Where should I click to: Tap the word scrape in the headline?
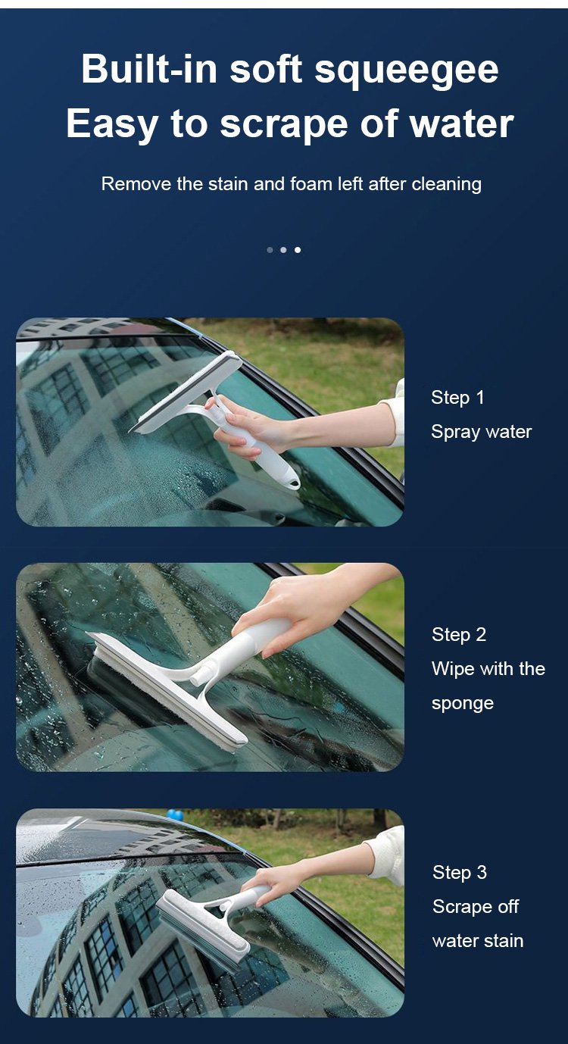click(x=284, y=125)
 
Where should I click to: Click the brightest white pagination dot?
click(x=298, y=250)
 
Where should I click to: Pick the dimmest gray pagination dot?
click(x=270, y=250)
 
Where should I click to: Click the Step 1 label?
click(x=457, y=398)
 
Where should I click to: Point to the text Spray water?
click(x=482, y=432)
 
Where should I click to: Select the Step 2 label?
click(x=459, y=634)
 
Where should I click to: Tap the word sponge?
click(x=463, y=704)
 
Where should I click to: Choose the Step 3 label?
click(x=460, y=872)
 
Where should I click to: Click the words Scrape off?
click(x=476, y=907)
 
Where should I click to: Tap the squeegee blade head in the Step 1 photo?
click(x=186, y=392)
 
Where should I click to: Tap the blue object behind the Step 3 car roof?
click(x=175, y=815)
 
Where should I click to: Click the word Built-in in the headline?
click(x=149, y=68)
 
